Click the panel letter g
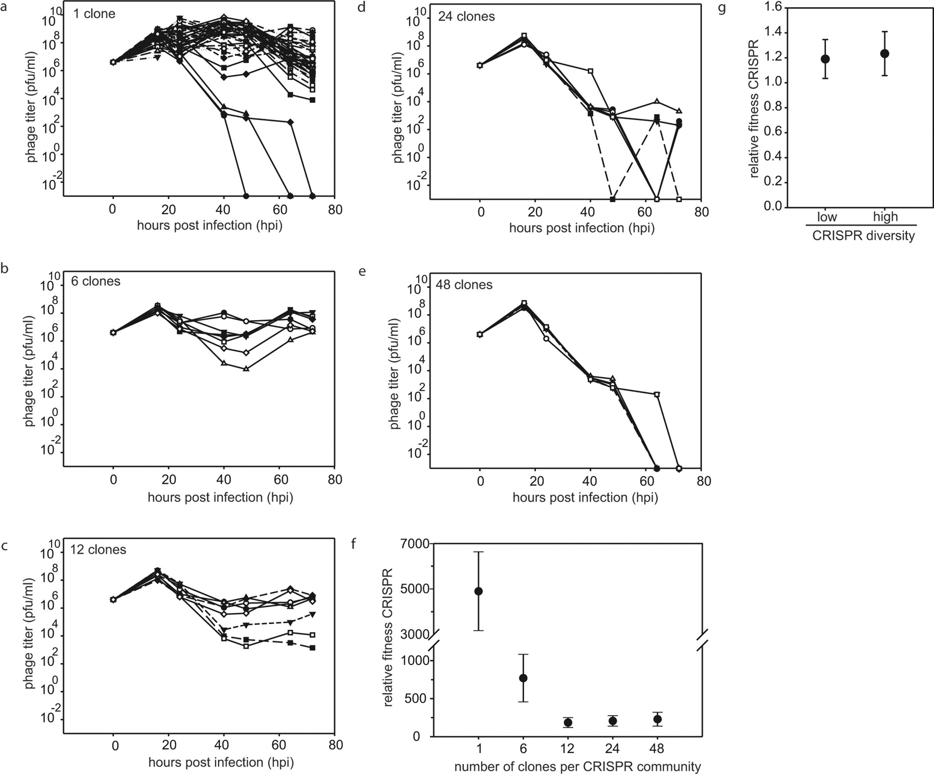click(x=722, y=8)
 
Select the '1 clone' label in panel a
click(x=94, y=14)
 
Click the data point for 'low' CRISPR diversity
click(x=825, y=59)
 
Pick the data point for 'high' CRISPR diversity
click(x=885, y=54)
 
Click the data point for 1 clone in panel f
click(x=479, y=591)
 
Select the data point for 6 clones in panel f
click(x=523, y=678)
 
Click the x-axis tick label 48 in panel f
click(x=656, y=749)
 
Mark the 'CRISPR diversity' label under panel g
click(x=863, y=236)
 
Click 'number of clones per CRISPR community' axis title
click(x=577, y=767)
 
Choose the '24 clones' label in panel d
click(x=466, y=17)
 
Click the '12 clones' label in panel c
click(x=98, y=550)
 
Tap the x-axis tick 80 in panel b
click(x=335, y=480)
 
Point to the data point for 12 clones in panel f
click(x=568, y=723)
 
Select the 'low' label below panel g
click(x=827, y=217)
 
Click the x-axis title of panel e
click(x=585, y=497)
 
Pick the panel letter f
click(x=354, y=544)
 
